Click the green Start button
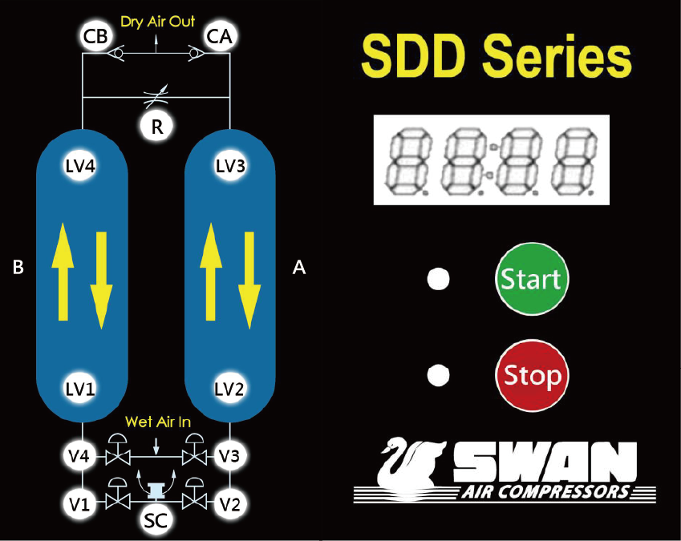530,278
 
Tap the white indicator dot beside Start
438,279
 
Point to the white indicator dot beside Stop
438,374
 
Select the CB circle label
96,36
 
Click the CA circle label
219,36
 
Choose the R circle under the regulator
157,126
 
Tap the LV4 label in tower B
80,167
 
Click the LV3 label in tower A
231,167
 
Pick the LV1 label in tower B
80,390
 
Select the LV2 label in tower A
231,390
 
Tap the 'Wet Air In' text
157,422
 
